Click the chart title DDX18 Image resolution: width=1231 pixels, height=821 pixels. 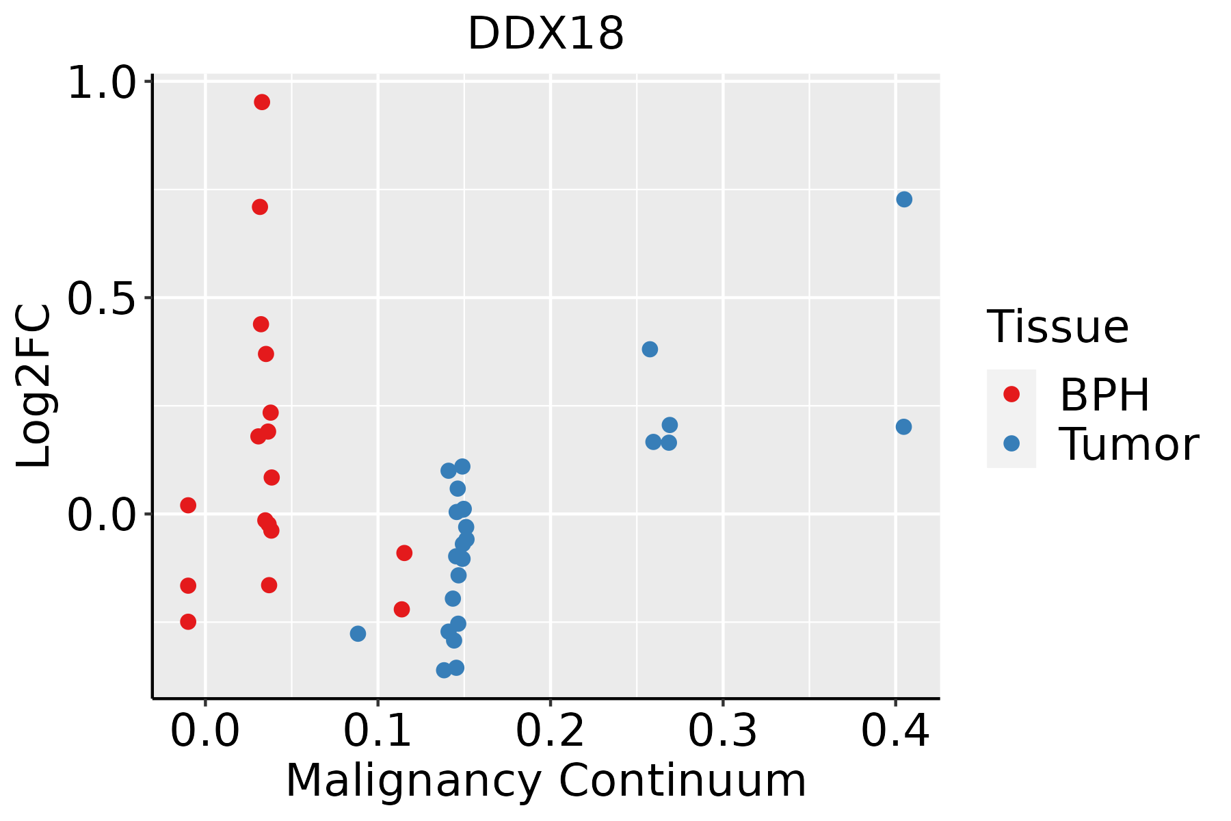coord(546,34)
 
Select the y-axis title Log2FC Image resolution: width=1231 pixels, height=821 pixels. coord(34,387)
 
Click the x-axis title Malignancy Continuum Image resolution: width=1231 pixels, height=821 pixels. coord(546,781)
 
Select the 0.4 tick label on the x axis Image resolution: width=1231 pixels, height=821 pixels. coord(895,731)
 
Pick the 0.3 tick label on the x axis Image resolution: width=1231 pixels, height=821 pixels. coord(722,731)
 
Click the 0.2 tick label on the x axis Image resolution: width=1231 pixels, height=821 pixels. coord(550,731)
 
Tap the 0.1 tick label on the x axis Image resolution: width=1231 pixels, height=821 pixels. coord(378,731)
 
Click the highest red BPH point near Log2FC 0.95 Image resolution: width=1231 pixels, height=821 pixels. coord(262,103)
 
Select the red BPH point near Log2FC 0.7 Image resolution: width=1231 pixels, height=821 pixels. coord(260,207)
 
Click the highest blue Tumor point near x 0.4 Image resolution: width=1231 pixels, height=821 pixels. coord(904,199)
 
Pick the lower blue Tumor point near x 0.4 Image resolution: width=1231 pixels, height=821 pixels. coord(903,427)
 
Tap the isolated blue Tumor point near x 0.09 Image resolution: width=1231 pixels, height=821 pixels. coord(358,634)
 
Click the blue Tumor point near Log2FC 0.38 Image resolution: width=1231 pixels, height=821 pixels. coord(650,350)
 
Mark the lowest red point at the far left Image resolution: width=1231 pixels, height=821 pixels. coord(188,622)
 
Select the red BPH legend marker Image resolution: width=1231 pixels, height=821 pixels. coord(1011,394)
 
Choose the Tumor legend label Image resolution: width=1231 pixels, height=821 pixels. coord(1129,444)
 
